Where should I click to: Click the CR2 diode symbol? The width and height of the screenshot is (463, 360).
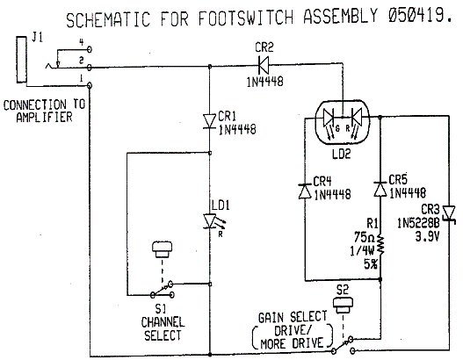263,65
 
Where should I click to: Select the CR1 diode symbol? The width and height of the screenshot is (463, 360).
210,121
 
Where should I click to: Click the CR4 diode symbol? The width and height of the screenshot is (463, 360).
305,191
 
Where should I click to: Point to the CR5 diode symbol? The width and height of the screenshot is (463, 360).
380,190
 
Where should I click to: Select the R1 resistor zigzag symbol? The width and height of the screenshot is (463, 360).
380,245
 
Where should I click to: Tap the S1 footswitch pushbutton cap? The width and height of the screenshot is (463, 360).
162,249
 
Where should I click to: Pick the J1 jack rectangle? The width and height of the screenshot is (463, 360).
22,60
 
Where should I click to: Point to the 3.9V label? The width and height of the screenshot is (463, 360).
427,236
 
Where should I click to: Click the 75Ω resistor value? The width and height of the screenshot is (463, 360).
365,237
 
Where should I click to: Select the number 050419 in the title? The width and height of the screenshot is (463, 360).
416,15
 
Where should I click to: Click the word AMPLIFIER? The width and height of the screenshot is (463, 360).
44,117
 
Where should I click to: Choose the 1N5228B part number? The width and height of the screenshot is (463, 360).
418,223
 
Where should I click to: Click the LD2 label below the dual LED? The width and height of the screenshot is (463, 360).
342,154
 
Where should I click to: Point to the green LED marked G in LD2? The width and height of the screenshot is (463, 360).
329,117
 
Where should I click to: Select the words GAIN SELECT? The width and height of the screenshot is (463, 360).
293,317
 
